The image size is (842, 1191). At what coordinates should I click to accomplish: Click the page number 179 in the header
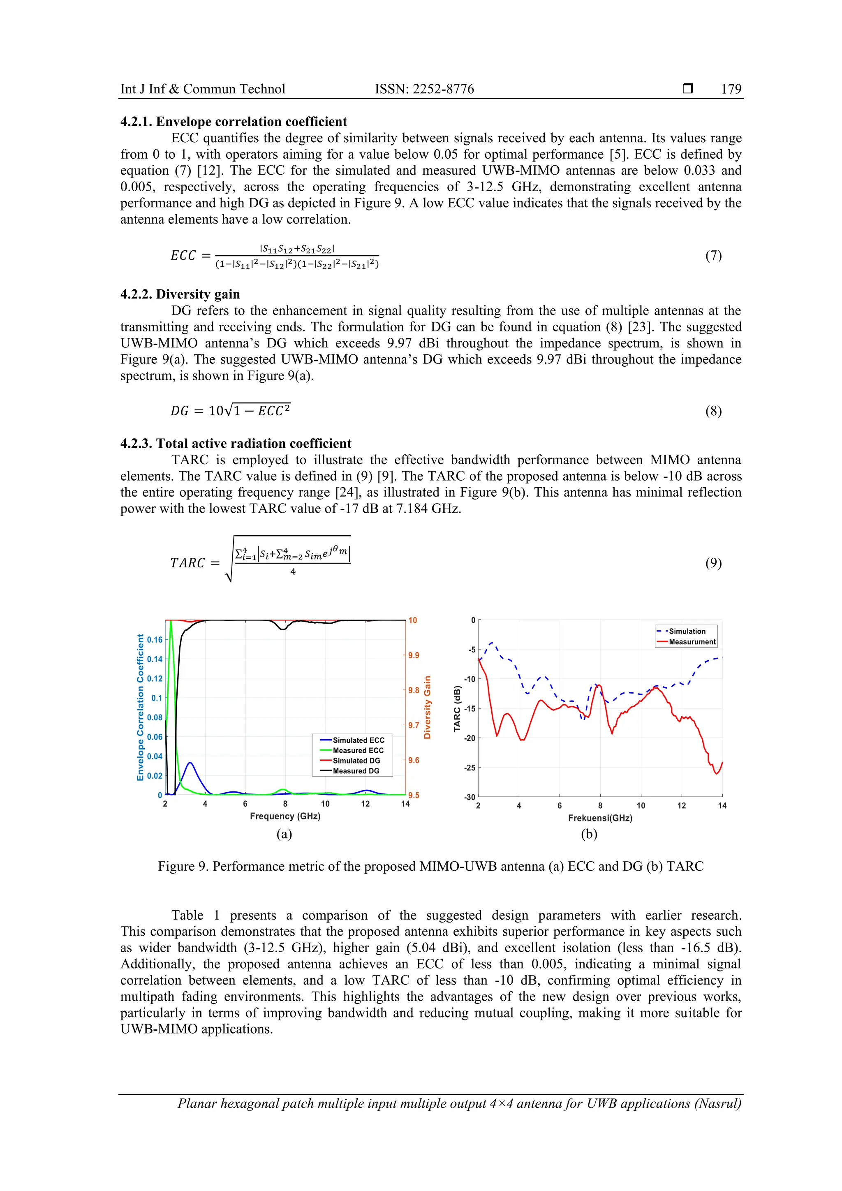[x=731, y=89]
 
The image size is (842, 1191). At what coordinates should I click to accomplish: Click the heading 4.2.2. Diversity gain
[x=180, y=294]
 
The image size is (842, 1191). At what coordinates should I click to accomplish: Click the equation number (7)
[x=713, y=255]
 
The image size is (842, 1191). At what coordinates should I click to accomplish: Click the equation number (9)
[x=713, y=563]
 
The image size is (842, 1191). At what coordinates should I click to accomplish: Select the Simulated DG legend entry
[x=356, y=761]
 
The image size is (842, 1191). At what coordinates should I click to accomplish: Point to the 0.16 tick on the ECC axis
[x=155, y=640]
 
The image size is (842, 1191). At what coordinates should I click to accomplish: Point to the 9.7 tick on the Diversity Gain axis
[x=414, y=725]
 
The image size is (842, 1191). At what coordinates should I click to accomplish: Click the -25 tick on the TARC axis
[x=470, y=768]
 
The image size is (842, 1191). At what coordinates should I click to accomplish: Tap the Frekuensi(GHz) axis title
[x=600, y=818]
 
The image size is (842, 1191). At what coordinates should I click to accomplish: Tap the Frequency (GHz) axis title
[x=285, y=816]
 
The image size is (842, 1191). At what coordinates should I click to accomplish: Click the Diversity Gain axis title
[x=428, y=707]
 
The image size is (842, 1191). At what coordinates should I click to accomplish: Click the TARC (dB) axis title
[x=457, y=709]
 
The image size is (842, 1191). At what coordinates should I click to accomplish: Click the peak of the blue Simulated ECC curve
[x=190, y=763]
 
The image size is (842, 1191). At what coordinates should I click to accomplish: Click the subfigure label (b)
[x=589, y=834]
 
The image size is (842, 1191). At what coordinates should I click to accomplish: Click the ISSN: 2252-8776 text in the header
[x=424, y=89]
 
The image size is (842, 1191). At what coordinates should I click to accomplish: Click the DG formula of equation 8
[x=230, y=410]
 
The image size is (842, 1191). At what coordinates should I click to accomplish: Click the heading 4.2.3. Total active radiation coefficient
[x=236, y=444]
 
